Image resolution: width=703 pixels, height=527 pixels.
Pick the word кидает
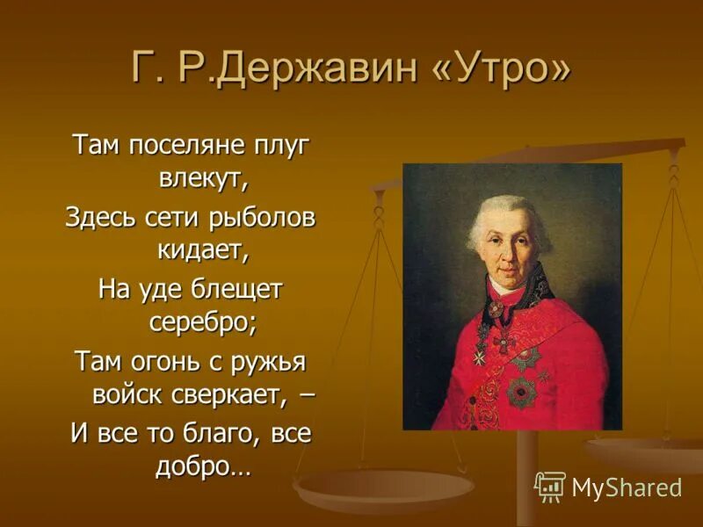pos(203,251)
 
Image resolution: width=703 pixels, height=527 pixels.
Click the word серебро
pos(203,323)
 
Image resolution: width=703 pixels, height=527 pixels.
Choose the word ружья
pos(279,361)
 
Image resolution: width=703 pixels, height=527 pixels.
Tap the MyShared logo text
pos(627,487)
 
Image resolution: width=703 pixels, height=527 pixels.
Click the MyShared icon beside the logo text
pos(550,487)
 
